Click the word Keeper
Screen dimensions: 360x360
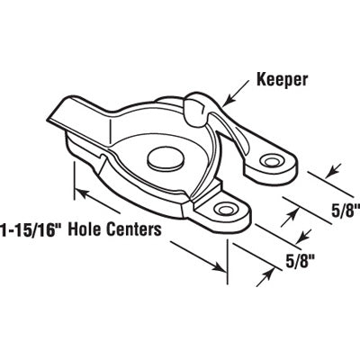pos(282,80)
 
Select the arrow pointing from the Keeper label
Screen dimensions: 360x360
pos(237,93)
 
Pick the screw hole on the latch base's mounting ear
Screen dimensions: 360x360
pos(226,208)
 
